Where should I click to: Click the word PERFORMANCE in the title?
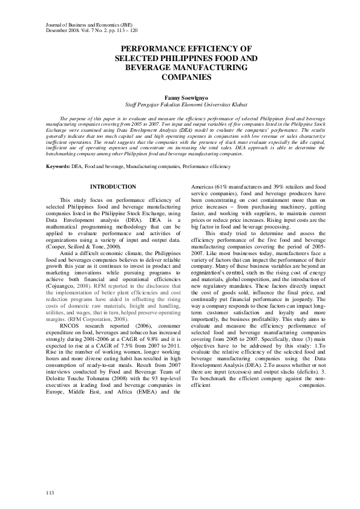coord(150,48)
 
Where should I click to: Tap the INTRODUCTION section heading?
coord(113,187)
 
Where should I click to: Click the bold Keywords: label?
coord(58,165)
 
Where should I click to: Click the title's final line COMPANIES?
coord(180,78)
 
